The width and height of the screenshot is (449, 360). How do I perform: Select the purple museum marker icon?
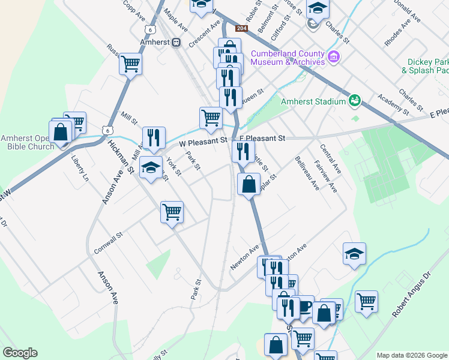334,58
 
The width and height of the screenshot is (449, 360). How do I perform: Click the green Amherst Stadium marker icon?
354,100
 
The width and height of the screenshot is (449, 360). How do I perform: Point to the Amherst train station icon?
176,42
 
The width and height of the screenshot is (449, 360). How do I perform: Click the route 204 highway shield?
241,28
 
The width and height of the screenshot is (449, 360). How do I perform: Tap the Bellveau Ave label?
307,173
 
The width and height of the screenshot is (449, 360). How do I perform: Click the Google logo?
20,353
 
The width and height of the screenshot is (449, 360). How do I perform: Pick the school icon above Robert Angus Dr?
354,254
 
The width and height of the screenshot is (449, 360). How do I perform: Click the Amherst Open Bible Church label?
27,142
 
